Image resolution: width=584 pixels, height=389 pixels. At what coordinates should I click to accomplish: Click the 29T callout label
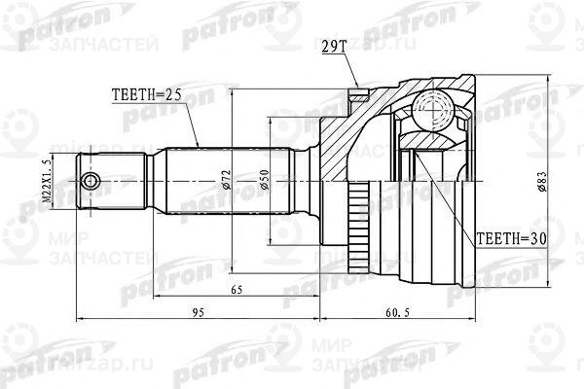coord(333,46)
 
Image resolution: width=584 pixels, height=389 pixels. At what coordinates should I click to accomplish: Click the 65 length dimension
coord(237,291)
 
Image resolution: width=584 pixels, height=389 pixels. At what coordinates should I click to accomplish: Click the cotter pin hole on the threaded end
coord(91,181)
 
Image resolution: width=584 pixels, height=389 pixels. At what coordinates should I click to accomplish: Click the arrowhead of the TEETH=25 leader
coord(198,145)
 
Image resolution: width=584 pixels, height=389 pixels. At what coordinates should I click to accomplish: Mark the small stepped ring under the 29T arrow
coord(360,97)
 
